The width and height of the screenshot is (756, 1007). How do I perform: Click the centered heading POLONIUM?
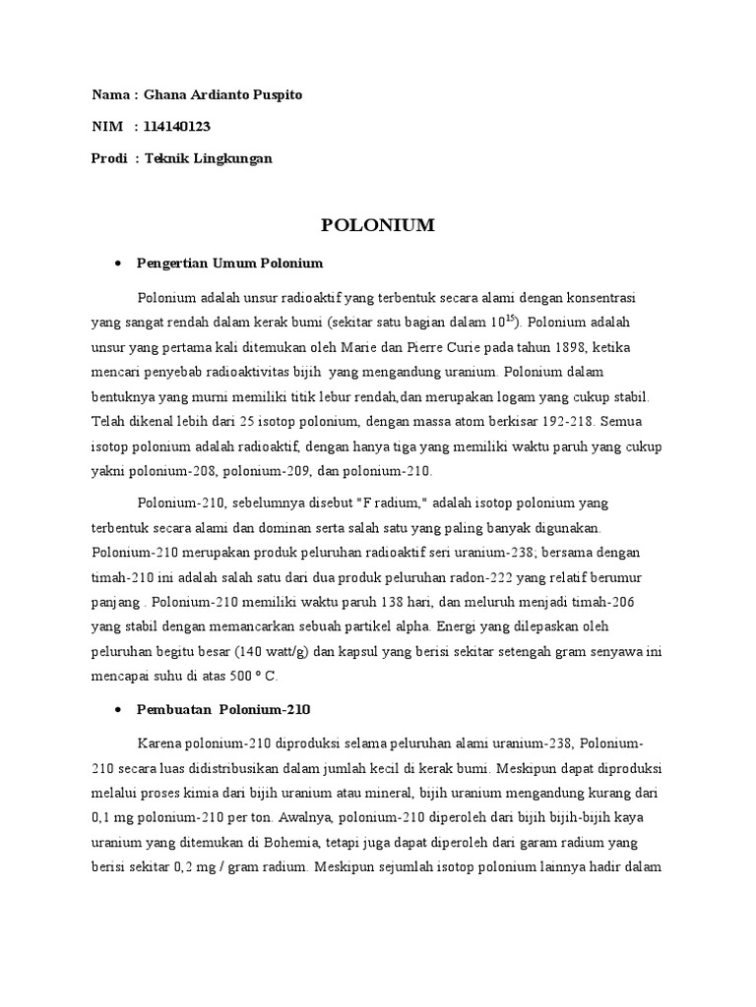[378, 226]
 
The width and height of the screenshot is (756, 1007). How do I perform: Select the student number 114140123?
[177, 127]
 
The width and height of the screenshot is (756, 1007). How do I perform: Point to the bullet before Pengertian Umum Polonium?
[118, 264]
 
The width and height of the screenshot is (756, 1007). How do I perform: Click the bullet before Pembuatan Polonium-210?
[118, 709]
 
